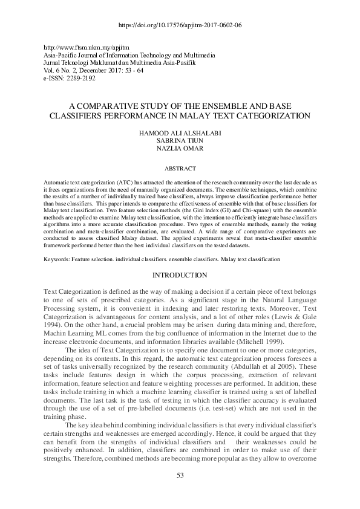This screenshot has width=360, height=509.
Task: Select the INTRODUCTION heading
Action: pyautogui.click(x=180, y=275)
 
